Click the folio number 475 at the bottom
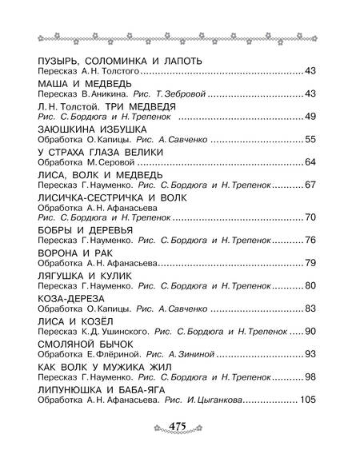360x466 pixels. (x=180, y=448)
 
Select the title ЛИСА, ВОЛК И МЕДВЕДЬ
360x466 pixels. (x=100, y=174)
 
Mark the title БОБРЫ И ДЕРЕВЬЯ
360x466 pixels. (x=83, y=229)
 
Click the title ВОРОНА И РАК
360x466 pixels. (x=70, y=252)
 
